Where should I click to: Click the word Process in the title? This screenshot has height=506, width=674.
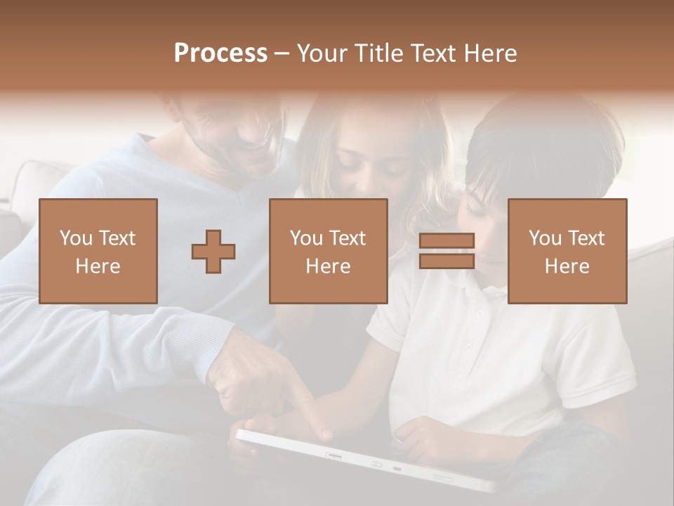pyautogui.click(x=220, y=53)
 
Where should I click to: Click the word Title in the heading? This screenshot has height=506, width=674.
pyautogui.click(x=376, y=53)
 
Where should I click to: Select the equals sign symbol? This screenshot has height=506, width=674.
pyautogui.click(x=447, y=251)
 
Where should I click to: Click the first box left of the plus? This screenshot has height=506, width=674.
pyautogui.click(x=98, y=251)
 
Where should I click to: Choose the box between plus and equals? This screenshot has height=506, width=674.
pyautogui.click(x=328, y=251)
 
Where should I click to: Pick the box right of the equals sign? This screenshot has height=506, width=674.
pyautogui.click(x=567, y=251)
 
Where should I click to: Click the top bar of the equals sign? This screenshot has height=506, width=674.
pyautogui.click(x=447, y=240)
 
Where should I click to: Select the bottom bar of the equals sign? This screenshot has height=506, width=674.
pyautogui.click(x=447, y=261)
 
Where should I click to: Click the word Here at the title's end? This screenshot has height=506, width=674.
pyautogui.click(x=490, y=53)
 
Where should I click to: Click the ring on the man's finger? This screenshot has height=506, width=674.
pyautogui.click(x=251, y=406)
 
